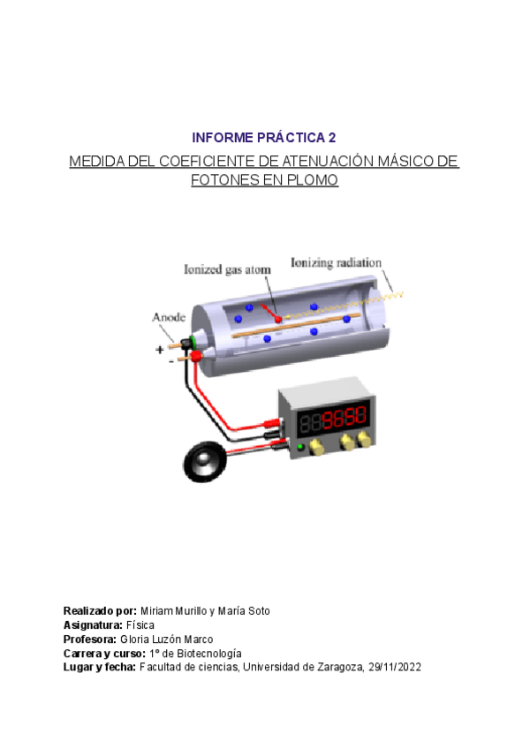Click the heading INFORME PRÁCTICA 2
click(x=264, y=138)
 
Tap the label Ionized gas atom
click(x=227, y=269)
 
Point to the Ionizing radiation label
click(x=336, y=262)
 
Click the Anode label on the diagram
click(x=169, y=316)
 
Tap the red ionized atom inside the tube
click(x=277, y=316)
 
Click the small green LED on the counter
click(x=301, y=448)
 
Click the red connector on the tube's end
click(x=197, y=355)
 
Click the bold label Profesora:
click(x=89, y=639)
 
